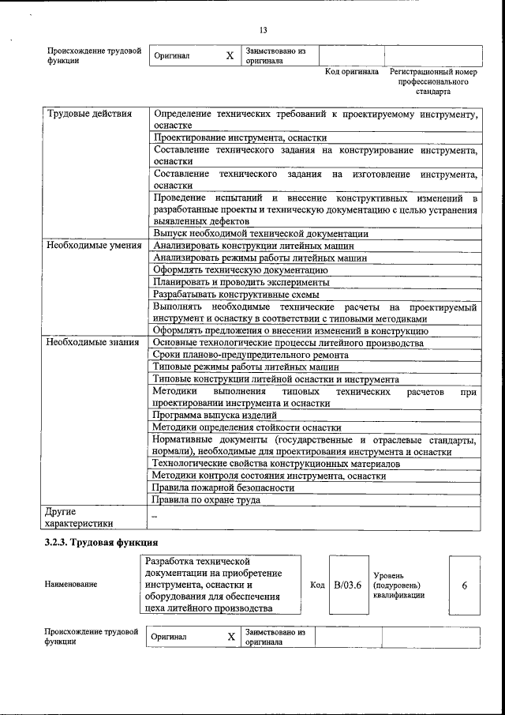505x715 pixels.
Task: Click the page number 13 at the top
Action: coord(263,31)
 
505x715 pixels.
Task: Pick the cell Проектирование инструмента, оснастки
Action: coord(229,137)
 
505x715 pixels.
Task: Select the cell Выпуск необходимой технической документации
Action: coord(260,234)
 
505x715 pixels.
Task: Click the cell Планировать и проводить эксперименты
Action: coord(241,281)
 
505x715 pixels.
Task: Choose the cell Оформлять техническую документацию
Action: coord(240,269)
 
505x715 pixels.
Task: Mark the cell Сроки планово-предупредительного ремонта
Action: coord(251,355)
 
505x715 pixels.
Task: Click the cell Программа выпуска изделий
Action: coord(215,415)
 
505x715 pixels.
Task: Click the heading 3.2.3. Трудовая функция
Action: coord(101,543)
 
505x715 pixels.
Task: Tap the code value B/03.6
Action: coord(347,585)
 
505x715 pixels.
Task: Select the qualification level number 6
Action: coord(465,585)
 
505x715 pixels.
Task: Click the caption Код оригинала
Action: coord(352,72)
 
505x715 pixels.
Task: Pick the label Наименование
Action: coord(71,585)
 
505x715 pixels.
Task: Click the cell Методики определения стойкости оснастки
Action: coord(247,427)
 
